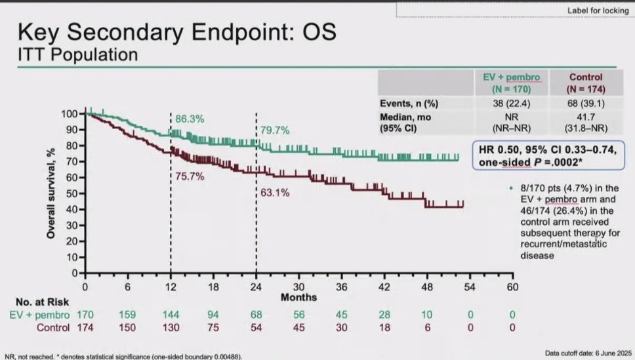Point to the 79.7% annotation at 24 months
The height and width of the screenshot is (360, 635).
coord(274,129)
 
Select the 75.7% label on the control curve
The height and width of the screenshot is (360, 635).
coord(188,175)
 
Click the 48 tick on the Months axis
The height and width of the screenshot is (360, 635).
coord(428,287)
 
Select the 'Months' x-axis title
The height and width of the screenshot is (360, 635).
coord(299,297)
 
